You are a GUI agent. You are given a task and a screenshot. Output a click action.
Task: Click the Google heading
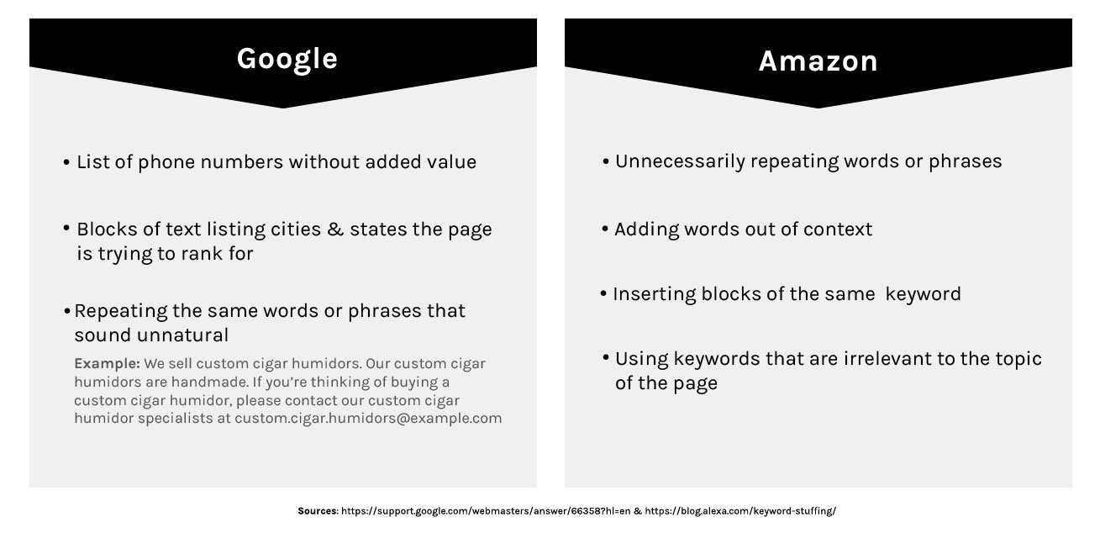[x=287, y=59]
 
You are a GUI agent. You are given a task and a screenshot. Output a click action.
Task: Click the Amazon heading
[x=818, y=61]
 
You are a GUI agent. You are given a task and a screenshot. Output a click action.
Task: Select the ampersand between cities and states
[x=335, y=229]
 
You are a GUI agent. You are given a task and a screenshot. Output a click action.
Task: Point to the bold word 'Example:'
[x=107, y=364]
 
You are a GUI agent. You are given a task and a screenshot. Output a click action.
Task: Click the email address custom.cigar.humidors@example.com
[x=368, y=418]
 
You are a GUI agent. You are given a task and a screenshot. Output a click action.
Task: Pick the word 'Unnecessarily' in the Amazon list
[x=680, y=161]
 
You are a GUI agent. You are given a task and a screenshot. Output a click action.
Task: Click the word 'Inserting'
[x=655, y=294]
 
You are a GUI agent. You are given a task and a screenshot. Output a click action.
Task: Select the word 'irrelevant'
[x=887, y=359]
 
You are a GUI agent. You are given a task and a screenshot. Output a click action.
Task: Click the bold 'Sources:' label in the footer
[x=318, y=511]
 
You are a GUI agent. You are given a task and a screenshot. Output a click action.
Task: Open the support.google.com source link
[x=486, y=511]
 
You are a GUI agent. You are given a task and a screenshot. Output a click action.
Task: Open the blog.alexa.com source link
[x=740, y=511]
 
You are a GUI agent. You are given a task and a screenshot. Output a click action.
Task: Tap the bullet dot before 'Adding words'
[x=605, y=229]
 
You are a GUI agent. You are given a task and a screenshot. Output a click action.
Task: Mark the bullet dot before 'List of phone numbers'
[x=66, y=161]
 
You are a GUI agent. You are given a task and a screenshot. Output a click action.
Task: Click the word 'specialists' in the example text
[x=176, y=419]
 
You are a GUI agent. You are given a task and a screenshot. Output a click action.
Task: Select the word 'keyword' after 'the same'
[x=924, y=294]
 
